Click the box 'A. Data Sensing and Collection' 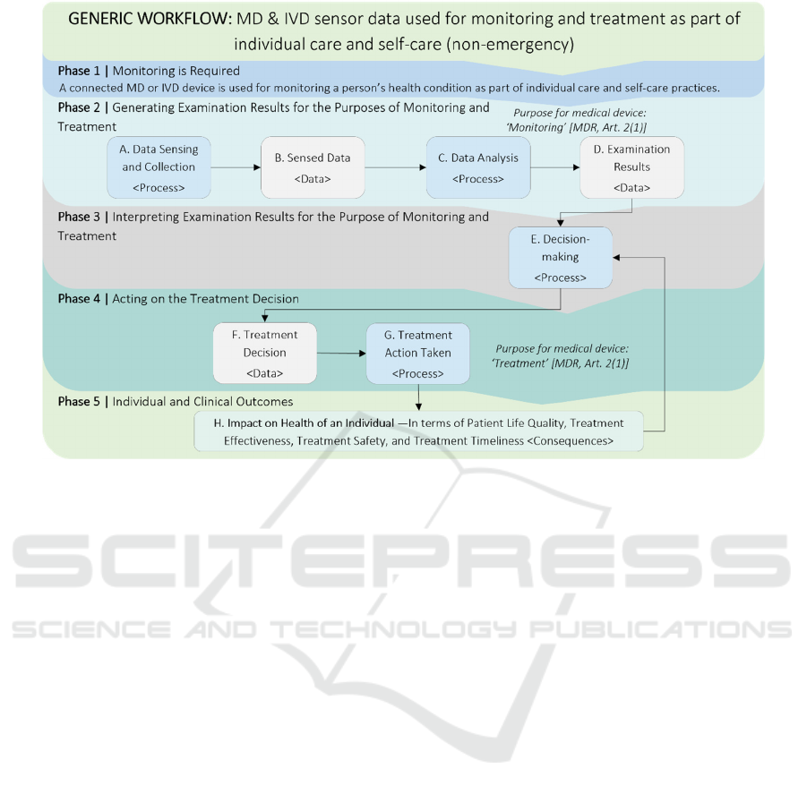(x=159, y=167)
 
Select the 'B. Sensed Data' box (x=313, y=167)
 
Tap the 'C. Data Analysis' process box (x=478, y=167)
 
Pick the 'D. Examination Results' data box (x=632, y=167)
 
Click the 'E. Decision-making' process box (x=561, y=258)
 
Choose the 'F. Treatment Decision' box (x=264, y=354)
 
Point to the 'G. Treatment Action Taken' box (x=418, y=354)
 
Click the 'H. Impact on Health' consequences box (x=418, y=431)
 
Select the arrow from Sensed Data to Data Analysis (x=396, y=167)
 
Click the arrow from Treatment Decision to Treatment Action (x=341, y=354)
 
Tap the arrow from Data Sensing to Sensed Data (x=236, y=167)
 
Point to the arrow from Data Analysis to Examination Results (x=555, y=167)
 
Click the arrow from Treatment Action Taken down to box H (x=418, y=397)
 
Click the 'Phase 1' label (x=79, y=71)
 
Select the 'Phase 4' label (x=79, y=299)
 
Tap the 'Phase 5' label (x=79, y=402)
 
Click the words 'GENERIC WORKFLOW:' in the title (x=150, y=19)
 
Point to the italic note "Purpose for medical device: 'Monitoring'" (x=578, y=120)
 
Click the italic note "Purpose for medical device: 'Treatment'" (x=561, y=356)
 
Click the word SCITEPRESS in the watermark (x=401, y=561)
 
